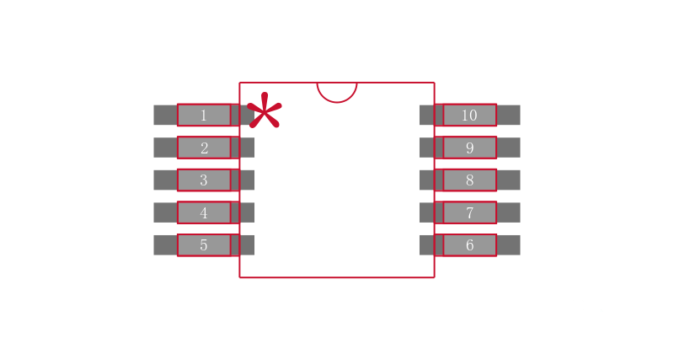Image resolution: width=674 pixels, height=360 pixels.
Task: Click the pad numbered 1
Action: pos(204,115)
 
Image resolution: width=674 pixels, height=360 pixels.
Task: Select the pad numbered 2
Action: pos(204,148)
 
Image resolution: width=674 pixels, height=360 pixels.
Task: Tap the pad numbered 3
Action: pos(204,180)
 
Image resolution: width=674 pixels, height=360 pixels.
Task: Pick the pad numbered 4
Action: pos(204,212)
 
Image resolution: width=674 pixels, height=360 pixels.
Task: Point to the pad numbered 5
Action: pos(204,245)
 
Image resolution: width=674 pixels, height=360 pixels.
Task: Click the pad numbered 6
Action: pos(470,245)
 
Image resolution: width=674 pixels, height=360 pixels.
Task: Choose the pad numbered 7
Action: pos(470,212)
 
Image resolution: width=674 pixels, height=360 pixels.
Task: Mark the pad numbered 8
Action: pos(470,180)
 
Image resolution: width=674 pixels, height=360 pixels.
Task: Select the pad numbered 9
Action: pos(470,148)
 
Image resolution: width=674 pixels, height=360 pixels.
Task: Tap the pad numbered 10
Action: pos(470,115)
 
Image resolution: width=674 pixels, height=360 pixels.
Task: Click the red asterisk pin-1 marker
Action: pos(265,110)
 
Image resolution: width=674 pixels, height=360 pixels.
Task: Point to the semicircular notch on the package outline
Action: pos(337,93)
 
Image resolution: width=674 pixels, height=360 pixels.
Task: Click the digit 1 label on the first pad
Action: pos(204,116)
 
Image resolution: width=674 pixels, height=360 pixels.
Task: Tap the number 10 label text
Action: pos(469,116)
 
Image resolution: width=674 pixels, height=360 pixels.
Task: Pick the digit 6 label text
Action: pos(470,245)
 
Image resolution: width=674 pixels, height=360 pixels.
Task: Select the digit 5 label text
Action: pos(204,245)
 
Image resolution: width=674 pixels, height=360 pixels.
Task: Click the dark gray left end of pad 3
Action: pos(165,180)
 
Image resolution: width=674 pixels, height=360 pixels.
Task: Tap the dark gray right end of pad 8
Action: pos(509,180)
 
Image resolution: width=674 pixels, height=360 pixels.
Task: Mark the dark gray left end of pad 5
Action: pos(165,245)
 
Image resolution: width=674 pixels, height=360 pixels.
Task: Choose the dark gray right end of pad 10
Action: pos(509,115)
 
